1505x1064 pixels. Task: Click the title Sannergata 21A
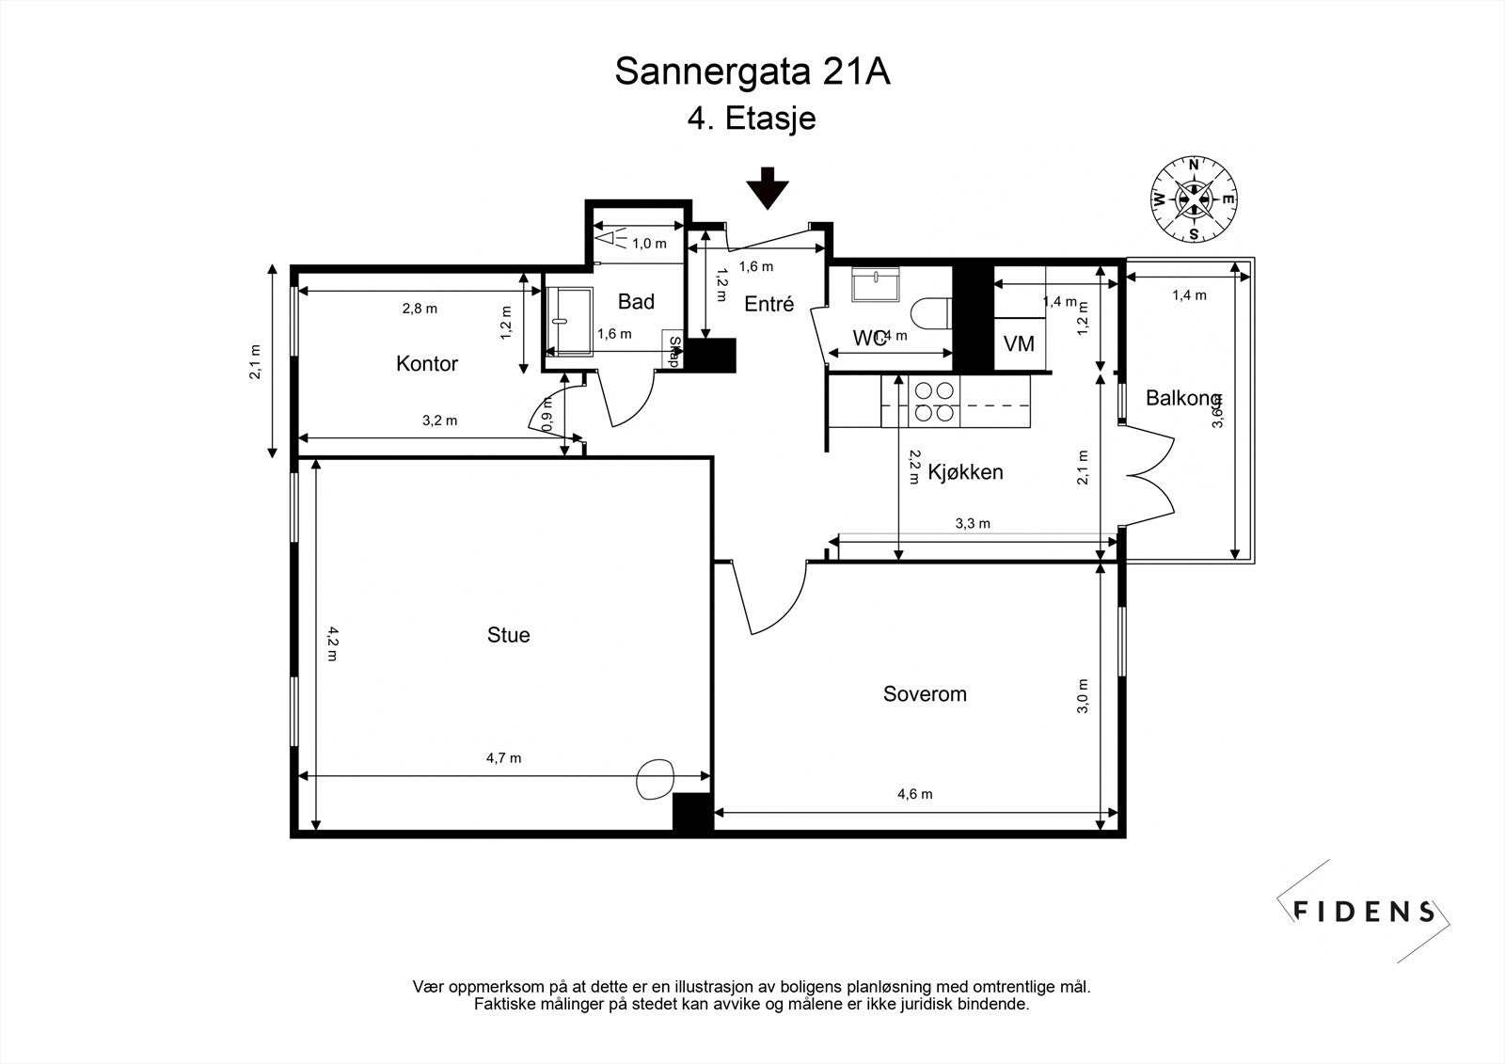[x=752, y=71]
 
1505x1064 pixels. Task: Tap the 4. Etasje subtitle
[x=752, y=119]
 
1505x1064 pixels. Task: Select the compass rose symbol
[x=1194, y=199]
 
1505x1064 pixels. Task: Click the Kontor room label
[x=427, y=364]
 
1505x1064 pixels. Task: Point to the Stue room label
[x=508, y=635]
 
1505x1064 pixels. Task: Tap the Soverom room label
[x=925, y=694]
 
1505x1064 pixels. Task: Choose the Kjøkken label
[x=965, y=472]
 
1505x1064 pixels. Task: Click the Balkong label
[x=1182, y=398]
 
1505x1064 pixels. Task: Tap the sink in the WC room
[x=876, y=284]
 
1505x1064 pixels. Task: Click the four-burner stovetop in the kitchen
[x=932, y=401]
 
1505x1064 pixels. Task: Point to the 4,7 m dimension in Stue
[x=503, y=758]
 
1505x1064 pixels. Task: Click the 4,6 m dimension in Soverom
[x=914, y=794]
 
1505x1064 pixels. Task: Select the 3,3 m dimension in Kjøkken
[x=973, y=524]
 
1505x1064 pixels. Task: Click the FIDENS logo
[x=1364, y=911]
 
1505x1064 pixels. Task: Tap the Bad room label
[x=636, y=302]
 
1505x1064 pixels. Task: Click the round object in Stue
[x=656, y=778]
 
